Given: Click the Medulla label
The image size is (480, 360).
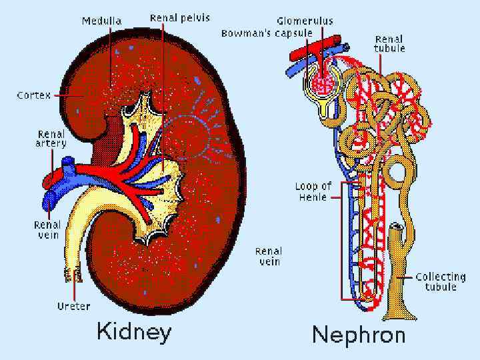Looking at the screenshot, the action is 101,21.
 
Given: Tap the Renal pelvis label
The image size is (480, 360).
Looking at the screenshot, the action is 180,18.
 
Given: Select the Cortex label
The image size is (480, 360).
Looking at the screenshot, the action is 34,95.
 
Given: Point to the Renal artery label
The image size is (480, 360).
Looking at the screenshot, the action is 51,139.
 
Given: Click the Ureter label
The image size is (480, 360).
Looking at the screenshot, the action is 73,306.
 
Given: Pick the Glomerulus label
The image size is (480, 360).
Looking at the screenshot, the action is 306,21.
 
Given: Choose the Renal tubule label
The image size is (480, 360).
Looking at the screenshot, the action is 390,43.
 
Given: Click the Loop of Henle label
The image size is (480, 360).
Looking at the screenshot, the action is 313,191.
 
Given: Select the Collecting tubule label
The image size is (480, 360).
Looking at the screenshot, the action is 441,281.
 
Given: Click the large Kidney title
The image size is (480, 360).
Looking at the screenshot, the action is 134,331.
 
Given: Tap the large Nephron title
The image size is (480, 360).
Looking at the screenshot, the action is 359,334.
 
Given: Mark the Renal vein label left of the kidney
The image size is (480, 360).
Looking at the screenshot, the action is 47,230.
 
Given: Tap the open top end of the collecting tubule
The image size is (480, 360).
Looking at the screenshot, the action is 397,228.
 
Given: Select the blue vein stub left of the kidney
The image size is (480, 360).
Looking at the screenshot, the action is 51,198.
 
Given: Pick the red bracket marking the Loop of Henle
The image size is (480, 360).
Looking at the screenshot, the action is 342,240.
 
